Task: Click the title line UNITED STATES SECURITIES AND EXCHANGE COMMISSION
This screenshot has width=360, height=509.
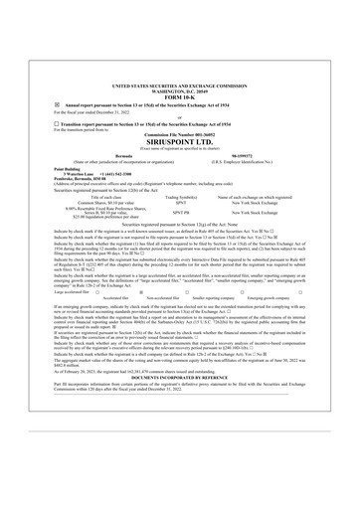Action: [x=179, y=87]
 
